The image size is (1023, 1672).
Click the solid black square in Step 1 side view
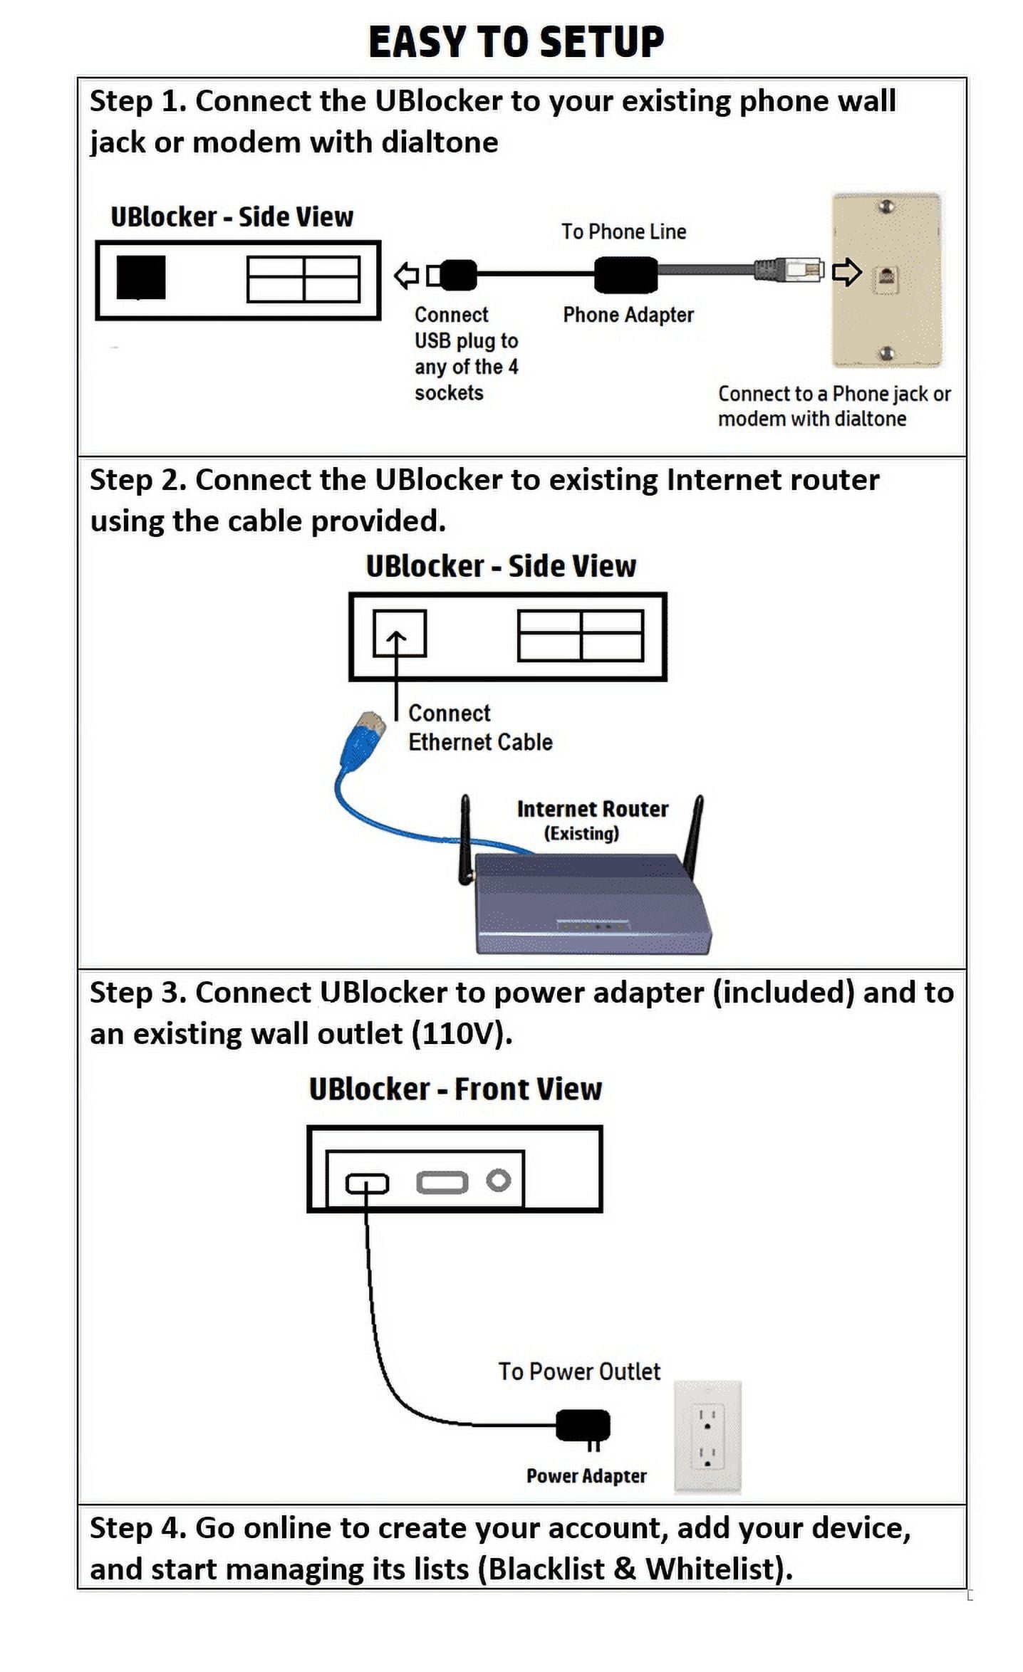(141, 277)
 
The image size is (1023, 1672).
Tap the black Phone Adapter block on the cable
(625, 274)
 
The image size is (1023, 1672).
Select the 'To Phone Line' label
(623, 231)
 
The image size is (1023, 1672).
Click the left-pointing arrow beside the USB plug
(407, 275)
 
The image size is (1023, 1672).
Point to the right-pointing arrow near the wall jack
(846, 271)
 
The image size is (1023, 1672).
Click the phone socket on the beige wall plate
(886, 277)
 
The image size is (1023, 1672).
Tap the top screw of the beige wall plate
(887, 207)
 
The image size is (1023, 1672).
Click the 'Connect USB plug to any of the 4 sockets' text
(466, 353)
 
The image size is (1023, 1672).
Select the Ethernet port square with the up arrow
(399, 632)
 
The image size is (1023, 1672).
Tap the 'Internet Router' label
(592, 809)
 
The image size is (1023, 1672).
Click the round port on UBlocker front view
(498, 1181)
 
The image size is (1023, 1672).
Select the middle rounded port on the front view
(442, 1183)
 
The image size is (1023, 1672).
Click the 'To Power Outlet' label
(578, 1371)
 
